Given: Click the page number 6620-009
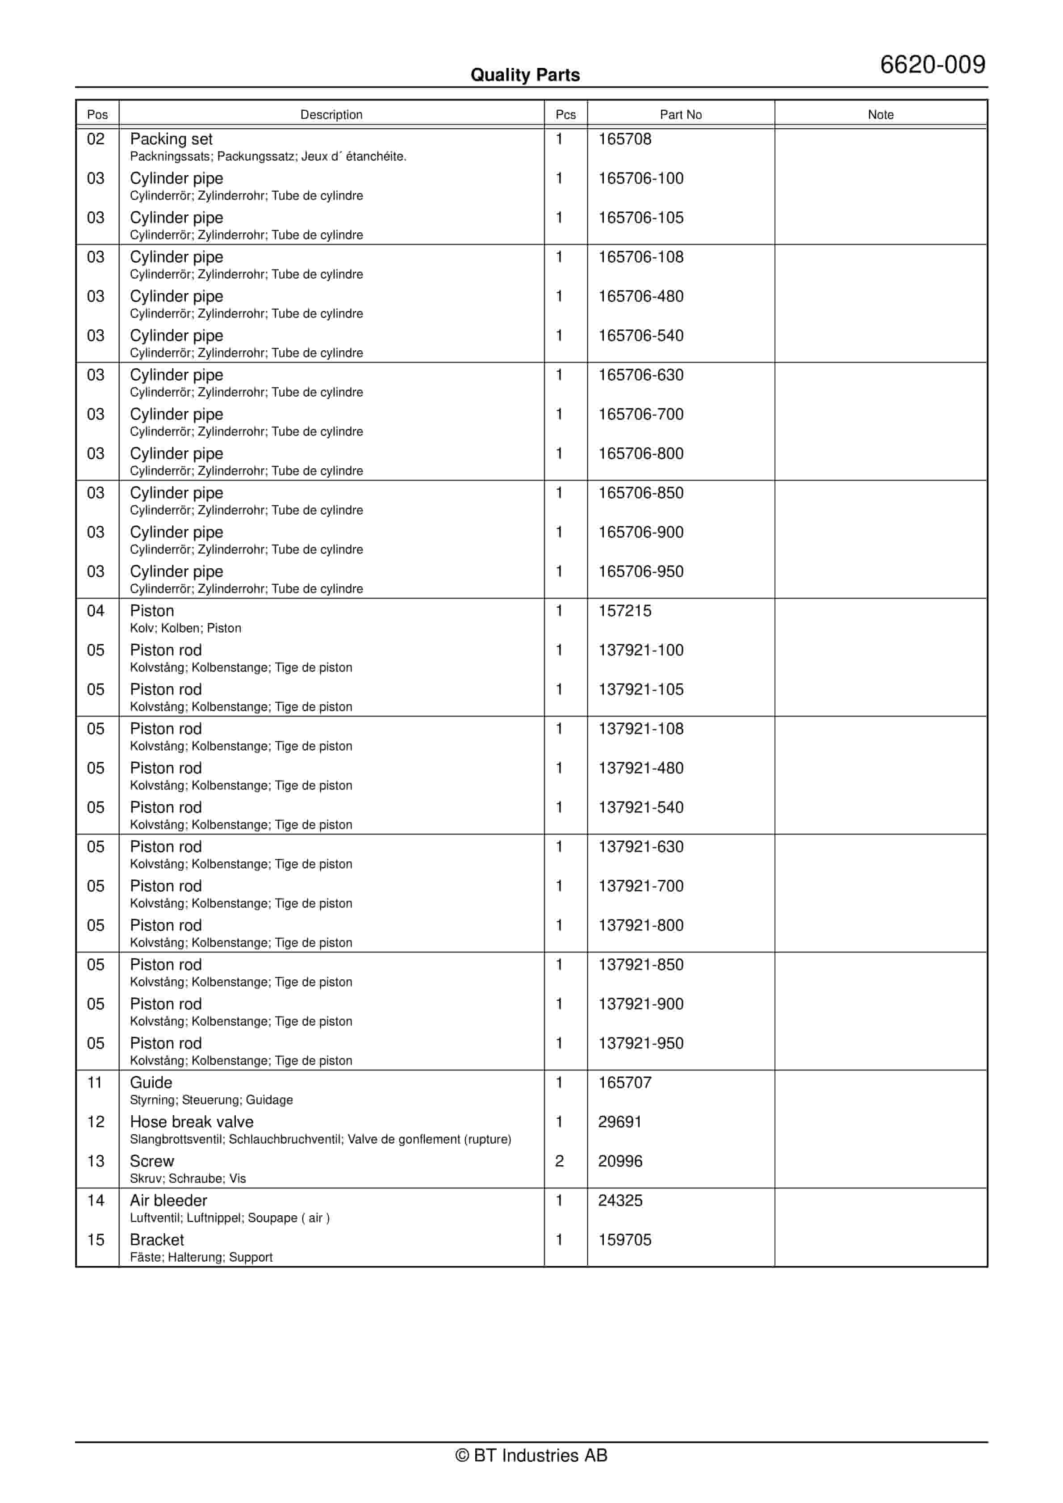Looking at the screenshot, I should [x=932, y=65].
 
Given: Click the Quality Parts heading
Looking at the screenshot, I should [x=525, y=75].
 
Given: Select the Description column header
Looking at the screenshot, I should [x=331, y=114].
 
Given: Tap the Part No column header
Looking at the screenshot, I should [x=680, y=114].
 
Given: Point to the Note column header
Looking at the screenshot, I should [x=880, y=114].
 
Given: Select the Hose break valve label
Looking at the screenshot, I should [x=191, y=1122].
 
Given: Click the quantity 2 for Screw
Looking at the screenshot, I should [x=559, y=1161].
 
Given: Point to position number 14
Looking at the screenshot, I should [x=96, y=1201].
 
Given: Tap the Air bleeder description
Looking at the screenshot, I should [x=168, y=1201].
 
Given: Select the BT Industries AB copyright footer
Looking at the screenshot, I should [x=531, y=1456].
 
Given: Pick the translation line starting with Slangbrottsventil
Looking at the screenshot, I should [x=320, y=1140].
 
